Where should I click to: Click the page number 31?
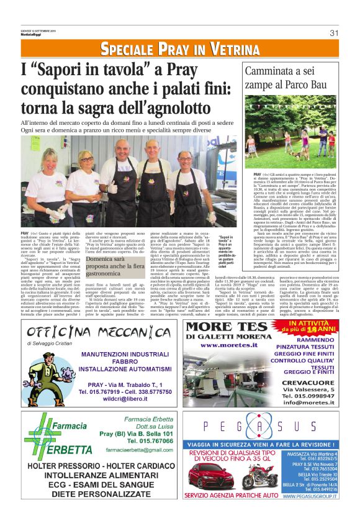[333, 33]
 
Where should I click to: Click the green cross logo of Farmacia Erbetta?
[34, 435]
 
